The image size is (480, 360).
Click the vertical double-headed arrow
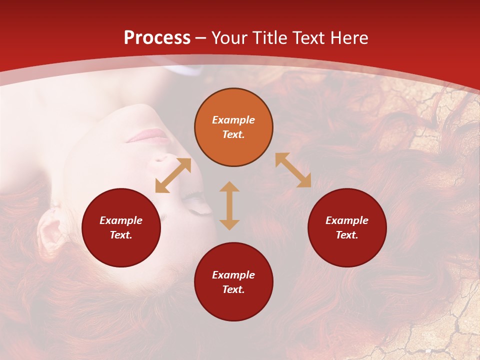coord(229,205)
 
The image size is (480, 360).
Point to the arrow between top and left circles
coord(173,175)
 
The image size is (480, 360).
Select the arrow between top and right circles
coord(293,170)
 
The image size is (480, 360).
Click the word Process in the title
coord(157,37)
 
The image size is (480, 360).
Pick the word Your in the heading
coord(228,37)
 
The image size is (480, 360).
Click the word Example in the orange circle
coord(233,120)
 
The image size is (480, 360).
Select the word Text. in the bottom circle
coord(233,289)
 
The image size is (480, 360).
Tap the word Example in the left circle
coord(121,220)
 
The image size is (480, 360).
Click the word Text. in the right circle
coord(347,235)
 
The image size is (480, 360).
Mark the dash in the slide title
coord(201,38)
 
